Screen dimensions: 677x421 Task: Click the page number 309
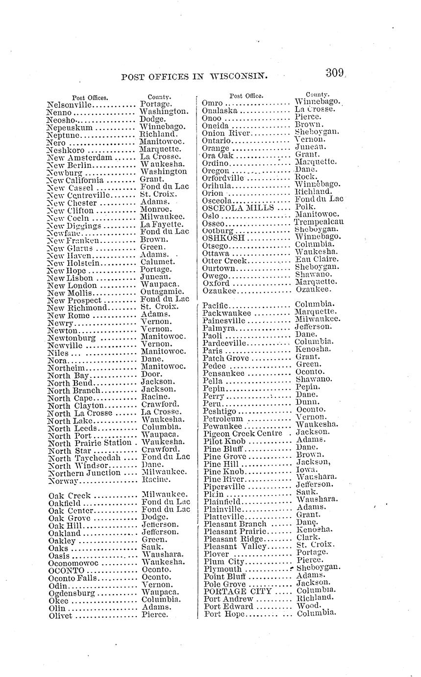pos(335,74)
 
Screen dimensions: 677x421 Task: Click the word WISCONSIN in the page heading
pos(238,76)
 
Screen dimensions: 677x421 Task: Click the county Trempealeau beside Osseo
pos(319,222)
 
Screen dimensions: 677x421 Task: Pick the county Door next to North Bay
pos(150,374)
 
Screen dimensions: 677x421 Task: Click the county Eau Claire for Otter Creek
pos(317,260)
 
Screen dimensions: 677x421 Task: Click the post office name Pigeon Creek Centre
pos(243,434)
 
